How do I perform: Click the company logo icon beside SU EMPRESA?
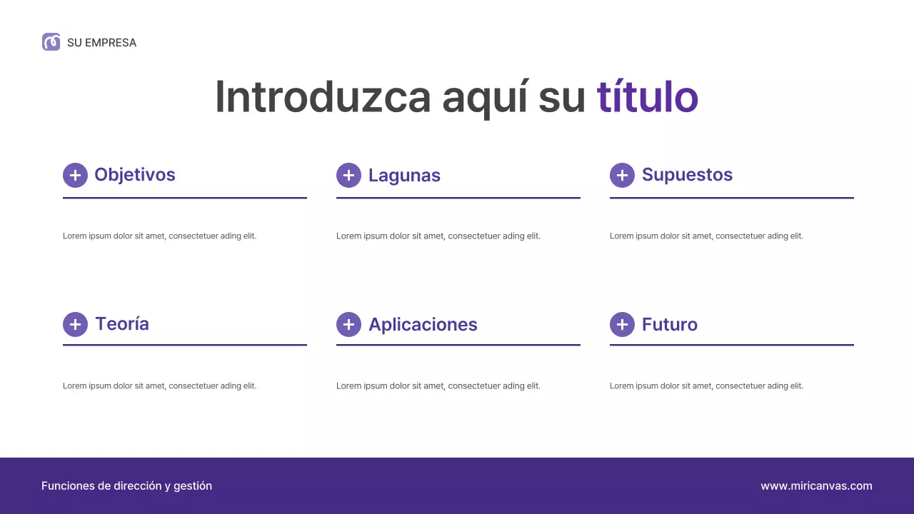pos(51,42)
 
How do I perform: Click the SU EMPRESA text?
pos(101,43)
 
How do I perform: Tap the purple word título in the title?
pos(647,97)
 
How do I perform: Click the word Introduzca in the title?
pos(323,97)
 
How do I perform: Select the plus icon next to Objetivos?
pos(75,175)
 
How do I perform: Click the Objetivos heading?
pos(135,175)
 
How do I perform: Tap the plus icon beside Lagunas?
pos(348,175)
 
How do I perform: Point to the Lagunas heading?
pos(404,176)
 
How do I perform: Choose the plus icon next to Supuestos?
pos(622,175)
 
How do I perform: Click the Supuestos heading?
pos(687,175)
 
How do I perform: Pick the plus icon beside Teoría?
pos(75,324)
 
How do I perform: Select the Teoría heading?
pos(122,324)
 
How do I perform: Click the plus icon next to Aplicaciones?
pos(348,324)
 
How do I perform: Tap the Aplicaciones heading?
pos(423,325)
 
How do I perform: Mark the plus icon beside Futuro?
pos(622,324)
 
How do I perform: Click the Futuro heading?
pos(670,325)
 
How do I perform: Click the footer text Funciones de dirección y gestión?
pos(126,486)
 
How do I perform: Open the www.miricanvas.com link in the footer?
pos(816,486)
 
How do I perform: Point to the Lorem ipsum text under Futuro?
pos(706,386)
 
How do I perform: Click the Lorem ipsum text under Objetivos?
pos(159,236)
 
